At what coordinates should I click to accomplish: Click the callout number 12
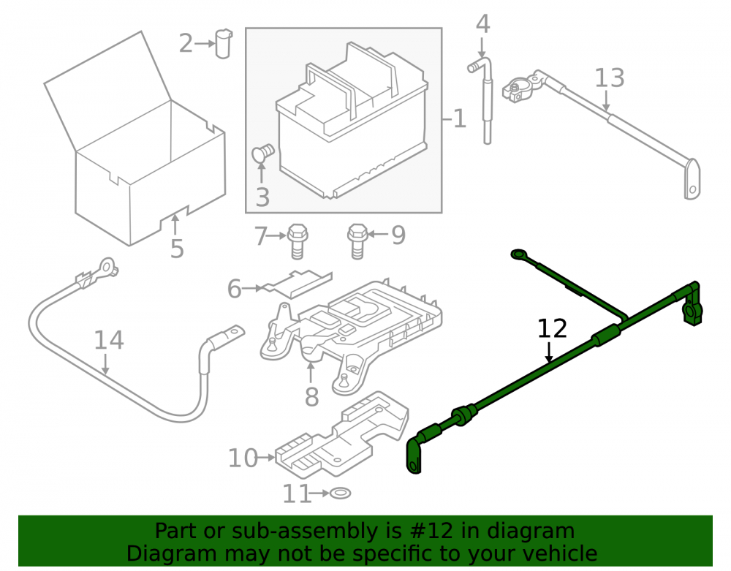click(x=552, y=328)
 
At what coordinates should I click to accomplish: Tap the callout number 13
click(x=610, y=77)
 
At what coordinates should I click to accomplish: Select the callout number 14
click(x=109, y=340)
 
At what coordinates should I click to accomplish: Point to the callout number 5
click(x=177, y=249)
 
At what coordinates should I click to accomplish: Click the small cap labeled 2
click(x=223, y=44)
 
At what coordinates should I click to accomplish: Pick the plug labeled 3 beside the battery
click(x=263, y=152)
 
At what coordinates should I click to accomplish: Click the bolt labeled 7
click(x=298, y=241)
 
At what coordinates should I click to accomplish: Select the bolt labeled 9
click(x=357, y=241)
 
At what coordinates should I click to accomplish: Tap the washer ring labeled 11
click(x=341, y=493)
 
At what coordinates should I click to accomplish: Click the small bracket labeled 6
click(x=298, y=284)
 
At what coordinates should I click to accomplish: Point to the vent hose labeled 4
click(x=483, y=100)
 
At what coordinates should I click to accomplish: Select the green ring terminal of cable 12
click(x=519, y=254)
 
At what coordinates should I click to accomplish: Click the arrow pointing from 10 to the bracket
click(x=266, y=458)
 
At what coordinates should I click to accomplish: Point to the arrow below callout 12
click(x=550, y=352)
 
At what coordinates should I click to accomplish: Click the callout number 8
click(x=312, y=397)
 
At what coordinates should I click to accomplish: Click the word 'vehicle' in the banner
click(x=561, y=553)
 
